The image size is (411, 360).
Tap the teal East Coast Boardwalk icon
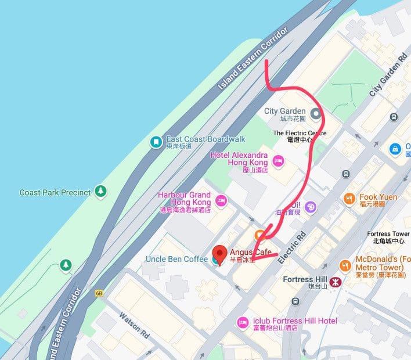click(x=156, y=142)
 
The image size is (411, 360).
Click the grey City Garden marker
click(x=316, y=113)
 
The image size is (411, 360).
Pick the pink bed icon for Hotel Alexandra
click(x=277, y=161)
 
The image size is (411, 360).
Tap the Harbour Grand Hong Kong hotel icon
click(x=221, y=200)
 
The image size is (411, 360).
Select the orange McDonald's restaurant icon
click(x=344, y=264)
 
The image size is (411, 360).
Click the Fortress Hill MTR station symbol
click(x=334, y=283)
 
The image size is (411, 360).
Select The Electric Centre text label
click(x=300, y=133)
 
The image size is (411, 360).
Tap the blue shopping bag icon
click(x=395, y=149)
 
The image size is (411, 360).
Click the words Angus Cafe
click(x=251, y=252)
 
